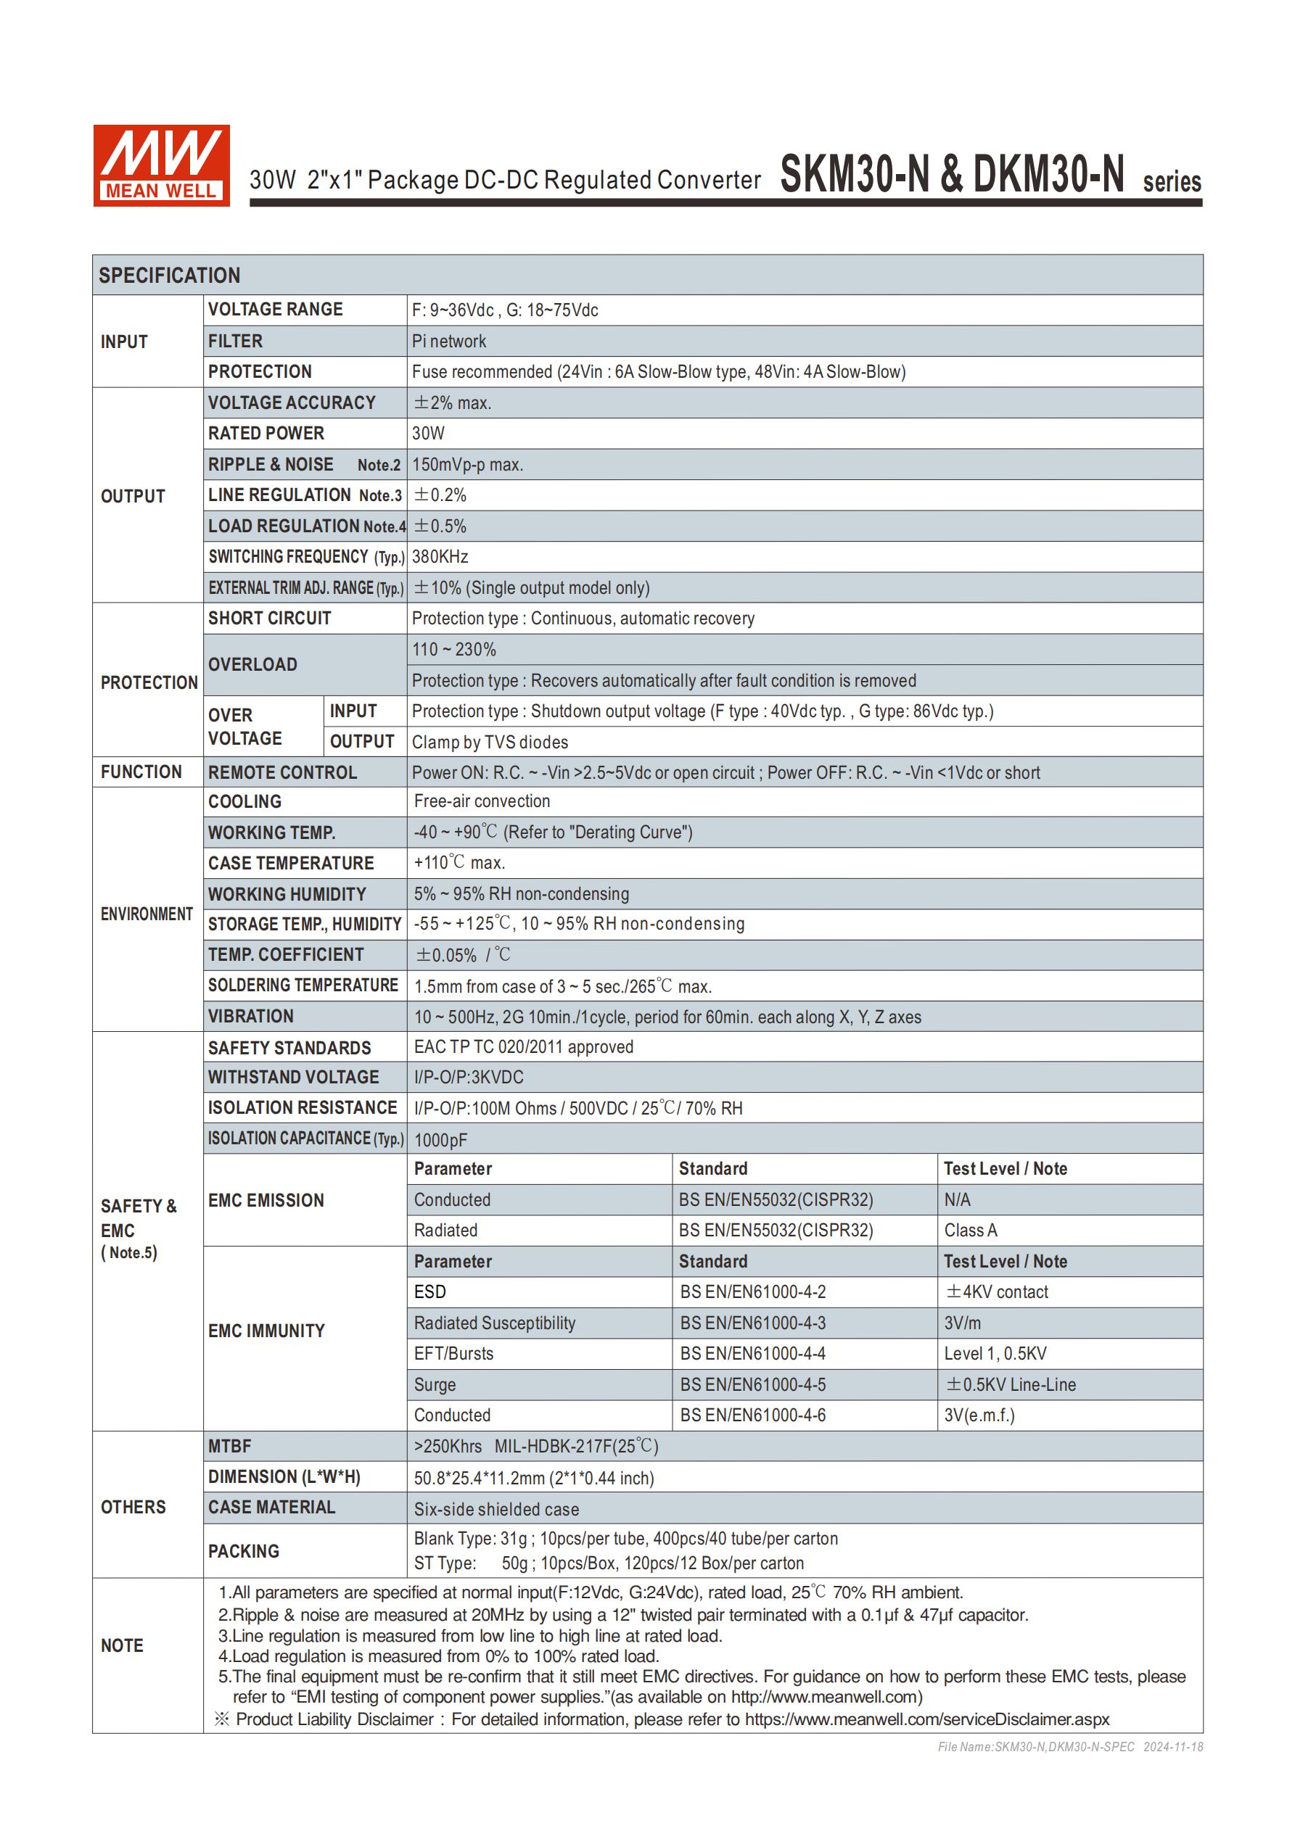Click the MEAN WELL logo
click(x=161, y=165)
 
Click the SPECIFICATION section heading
click(x=169, y=275)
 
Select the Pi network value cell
click(x=448, y=342)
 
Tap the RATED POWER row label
click(x=266, y=433)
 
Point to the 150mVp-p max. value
click(x=466, y=464)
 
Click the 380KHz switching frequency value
click(x=440, y=557)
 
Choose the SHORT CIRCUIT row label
click(x=269, y=618)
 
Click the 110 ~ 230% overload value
click(x=453, y=649)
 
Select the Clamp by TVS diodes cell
click(x=489, y=742)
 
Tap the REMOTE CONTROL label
click(x=281, y=772)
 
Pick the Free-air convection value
click(x=481, y=801)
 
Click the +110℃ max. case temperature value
click(x=459, y=863)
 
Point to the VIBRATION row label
click(x=250, y=1016)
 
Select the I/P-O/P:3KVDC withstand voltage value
click(x=469, y=1078)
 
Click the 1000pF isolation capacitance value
click(x=440, y=1140)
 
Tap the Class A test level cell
click(x=970, y=1231)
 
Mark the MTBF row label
click(x=230, y=1446)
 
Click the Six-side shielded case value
click(x=496, y=1509)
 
